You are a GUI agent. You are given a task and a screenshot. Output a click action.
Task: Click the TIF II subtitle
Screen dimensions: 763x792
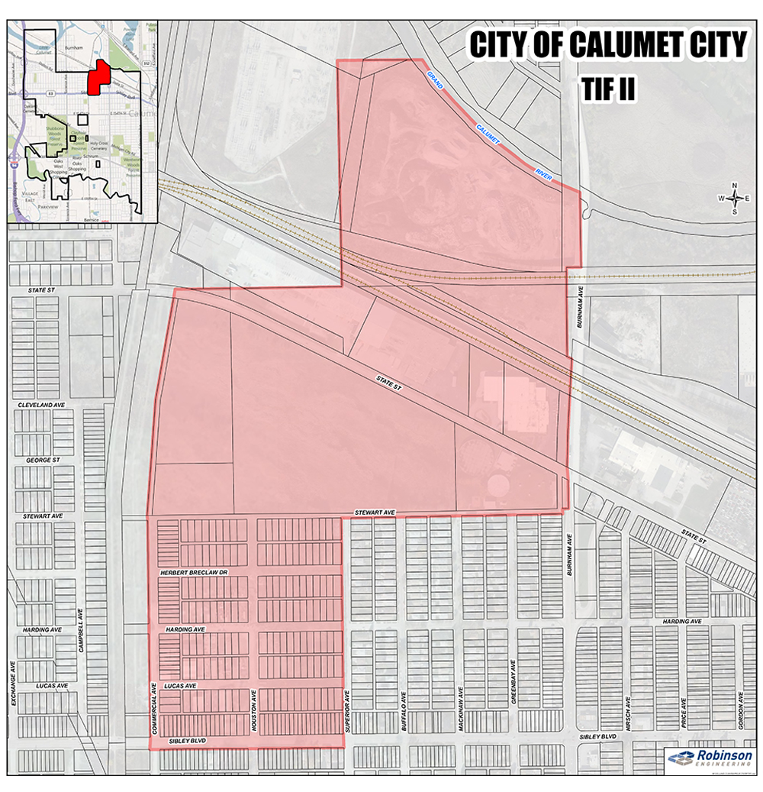click(x=607, y=88)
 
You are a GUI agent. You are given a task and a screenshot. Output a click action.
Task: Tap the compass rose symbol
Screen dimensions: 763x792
click(x=734, y=197)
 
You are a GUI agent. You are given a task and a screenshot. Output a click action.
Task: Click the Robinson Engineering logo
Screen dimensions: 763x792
click(x=710, y=758)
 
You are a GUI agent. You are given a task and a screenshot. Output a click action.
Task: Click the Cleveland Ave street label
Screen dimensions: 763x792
click(x=40, y=405)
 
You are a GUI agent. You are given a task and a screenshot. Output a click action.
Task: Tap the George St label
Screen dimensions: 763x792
click(x=43, y=461)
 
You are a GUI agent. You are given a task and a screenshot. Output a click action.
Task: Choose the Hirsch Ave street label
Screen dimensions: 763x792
click(x=627, y=712)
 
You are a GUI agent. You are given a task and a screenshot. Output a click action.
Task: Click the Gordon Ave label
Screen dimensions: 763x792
click(x=741, y=710)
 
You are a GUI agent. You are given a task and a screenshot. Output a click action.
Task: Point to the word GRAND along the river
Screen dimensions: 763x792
click(x=436, y=79)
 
